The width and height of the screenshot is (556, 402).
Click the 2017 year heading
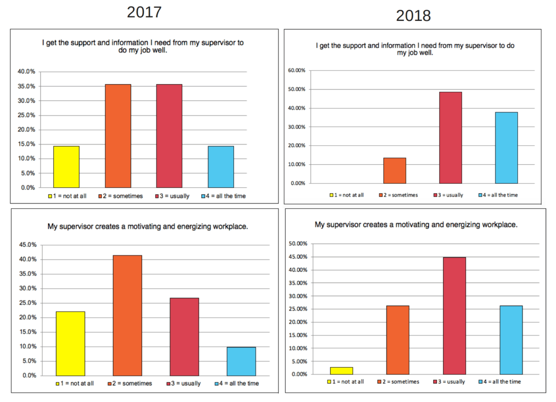[x=144, y=12]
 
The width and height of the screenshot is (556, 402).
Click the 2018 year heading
[x=413, y=16]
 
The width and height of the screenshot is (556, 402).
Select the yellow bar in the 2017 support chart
[x=66, y=167]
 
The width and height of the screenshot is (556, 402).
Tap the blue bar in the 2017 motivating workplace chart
[x=241, y=361]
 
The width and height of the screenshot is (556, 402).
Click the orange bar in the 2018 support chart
[x=394, y=170]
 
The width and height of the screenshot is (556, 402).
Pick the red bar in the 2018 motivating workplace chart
[x=454, y=316]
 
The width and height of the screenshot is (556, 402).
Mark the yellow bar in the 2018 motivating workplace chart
[x=341, y=371]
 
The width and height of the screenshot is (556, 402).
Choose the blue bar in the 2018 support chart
[x=506, y=148]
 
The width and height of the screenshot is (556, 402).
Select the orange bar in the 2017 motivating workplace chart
[x=127, y=316]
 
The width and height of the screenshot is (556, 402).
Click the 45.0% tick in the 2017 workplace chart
[x=27, y=245]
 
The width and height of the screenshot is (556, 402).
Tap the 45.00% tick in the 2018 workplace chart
[x=298, y=257]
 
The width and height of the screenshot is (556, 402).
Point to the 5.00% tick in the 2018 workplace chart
[x=299, y=361]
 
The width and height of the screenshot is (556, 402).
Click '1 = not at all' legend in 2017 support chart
[x=69, y=196]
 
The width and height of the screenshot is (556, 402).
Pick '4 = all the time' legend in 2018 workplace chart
[x=502, y=382]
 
